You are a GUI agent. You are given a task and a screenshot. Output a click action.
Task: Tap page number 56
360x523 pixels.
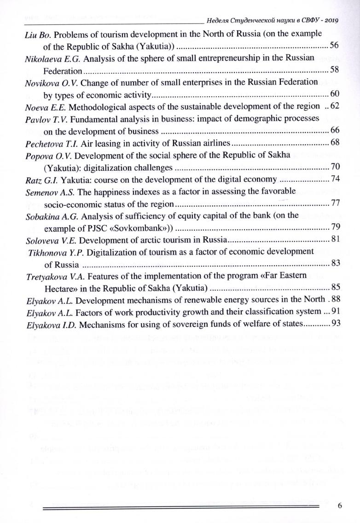[x=335, y=46]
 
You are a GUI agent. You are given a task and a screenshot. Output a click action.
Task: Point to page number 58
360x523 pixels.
[x=335, y=70]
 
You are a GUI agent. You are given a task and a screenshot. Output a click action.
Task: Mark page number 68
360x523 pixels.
[x=335, y=142]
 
